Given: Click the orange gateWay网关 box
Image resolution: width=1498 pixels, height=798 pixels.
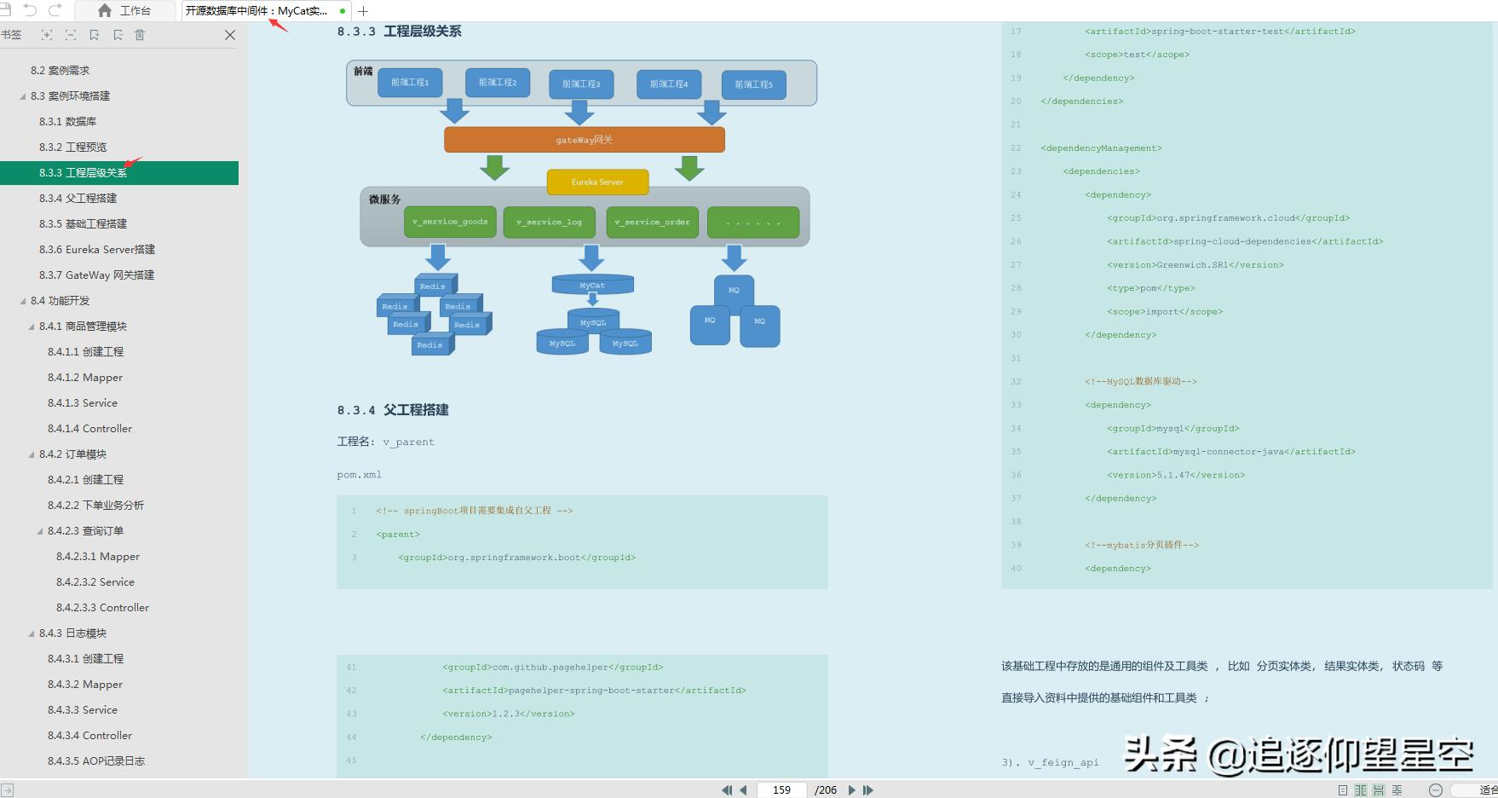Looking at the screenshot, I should coord(585,140).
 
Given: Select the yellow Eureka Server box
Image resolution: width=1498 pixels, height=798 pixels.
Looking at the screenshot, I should coord(597,182).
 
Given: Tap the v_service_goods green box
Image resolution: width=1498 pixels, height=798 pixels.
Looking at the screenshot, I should coord(450,222).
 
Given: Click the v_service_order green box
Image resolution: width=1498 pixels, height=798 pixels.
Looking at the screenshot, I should coord(652,222).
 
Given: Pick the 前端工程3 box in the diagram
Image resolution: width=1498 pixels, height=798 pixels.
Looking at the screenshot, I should coord(581,84).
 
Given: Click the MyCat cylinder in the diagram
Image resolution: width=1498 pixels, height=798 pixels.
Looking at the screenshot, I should coord(592,285).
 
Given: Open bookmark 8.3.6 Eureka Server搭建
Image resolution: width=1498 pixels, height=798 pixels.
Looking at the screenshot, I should coord(97,249).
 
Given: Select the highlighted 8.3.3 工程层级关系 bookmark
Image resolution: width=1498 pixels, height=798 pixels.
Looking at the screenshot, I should coord(83,172).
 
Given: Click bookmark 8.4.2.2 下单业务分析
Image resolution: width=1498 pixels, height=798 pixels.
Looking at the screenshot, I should coord(95,505).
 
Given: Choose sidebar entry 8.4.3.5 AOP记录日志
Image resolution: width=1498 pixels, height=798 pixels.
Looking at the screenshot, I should coord(95,760).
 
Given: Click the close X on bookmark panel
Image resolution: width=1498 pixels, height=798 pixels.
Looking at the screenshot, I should coord(229,35).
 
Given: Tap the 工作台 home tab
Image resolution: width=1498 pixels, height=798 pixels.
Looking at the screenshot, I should coord(124,10).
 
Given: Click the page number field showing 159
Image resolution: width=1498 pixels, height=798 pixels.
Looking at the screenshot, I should coord(781,790).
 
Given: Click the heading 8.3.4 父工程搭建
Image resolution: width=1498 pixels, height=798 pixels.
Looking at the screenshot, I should coord(393,410).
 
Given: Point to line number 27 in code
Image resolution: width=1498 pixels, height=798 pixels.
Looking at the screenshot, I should coord(1016,264).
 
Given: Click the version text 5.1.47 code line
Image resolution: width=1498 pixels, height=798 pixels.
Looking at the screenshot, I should coord(1176,475).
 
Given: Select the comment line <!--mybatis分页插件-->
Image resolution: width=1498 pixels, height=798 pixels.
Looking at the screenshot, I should coord(1142,545).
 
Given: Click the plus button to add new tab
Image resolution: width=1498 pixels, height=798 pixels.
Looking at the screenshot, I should coord(363,11).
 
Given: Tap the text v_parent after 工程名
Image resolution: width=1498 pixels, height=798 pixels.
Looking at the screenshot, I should coord(408,442).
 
